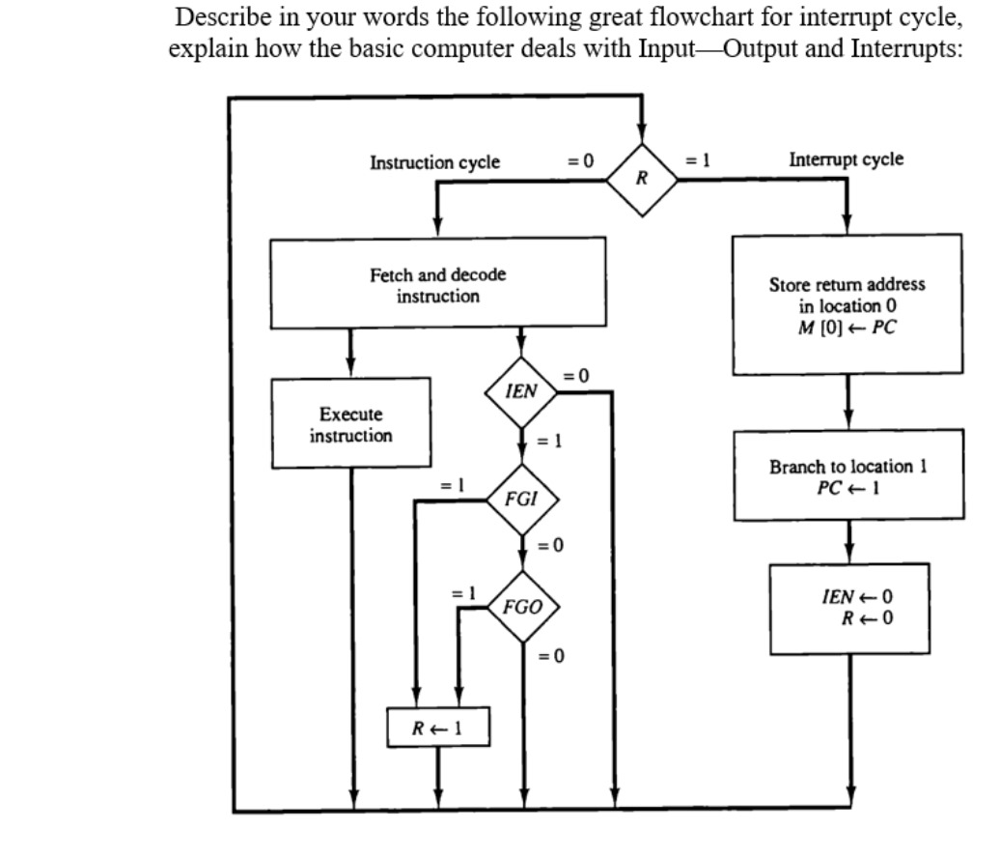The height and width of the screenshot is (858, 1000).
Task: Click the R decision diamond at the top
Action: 641,177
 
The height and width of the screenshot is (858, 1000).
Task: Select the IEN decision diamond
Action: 521,391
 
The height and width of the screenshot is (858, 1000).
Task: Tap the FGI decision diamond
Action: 521,500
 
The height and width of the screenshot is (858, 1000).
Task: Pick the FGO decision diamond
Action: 522,608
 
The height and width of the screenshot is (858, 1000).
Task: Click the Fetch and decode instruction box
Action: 438,286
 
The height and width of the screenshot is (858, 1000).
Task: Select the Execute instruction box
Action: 350,424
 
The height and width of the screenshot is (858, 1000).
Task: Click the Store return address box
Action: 847,302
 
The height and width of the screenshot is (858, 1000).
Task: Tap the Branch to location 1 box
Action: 847,475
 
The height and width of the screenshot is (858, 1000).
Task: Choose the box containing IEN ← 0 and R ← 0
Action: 848,608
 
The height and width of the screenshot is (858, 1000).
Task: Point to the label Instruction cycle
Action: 434,162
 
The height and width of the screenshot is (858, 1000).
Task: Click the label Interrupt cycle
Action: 846,159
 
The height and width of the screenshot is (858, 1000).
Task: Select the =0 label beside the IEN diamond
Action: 575,374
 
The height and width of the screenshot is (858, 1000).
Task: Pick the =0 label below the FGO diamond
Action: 549,658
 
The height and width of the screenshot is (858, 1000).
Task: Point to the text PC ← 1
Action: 847,484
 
